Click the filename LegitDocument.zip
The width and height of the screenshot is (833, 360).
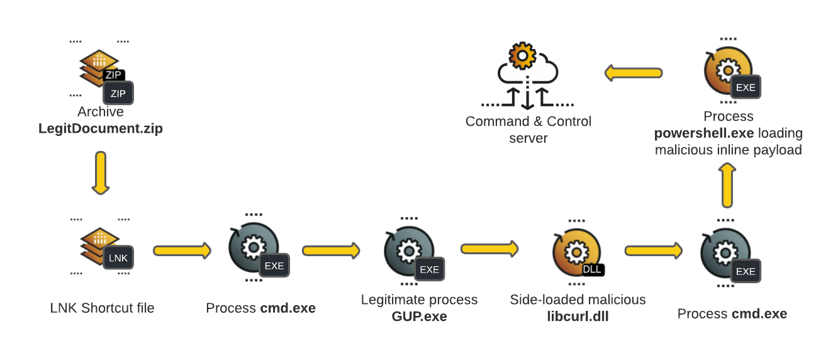(x=101, y=129)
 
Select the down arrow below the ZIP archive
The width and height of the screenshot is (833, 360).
(x=101, y=172)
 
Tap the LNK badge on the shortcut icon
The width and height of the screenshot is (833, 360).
(x=118, y=258)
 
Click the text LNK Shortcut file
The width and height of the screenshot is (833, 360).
(x=102, y=308)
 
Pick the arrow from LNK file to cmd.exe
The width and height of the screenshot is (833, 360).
(x=182, y=250)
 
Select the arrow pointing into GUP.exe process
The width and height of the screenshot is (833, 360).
(x=331, y=250)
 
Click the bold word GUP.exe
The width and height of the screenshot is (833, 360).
(x=419, y=317)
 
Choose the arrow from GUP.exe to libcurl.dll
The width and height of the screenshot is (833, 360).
(x=489, y=249)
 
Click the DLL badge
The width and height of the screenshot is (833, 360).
(x=593, y=269)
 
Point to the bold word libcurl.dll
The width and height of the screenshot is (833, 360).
(x=578, y=317)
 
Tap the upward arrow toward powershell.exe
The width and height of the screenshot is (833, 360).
(x=727, y=185)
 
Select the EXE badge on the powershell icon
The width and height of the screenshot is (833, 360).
(x=746, y=87)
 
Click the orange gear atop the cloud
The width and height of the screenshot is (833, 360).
(x=522, y=55)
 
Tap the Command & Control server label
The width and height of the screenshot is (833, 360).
(x=528, y=129)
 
